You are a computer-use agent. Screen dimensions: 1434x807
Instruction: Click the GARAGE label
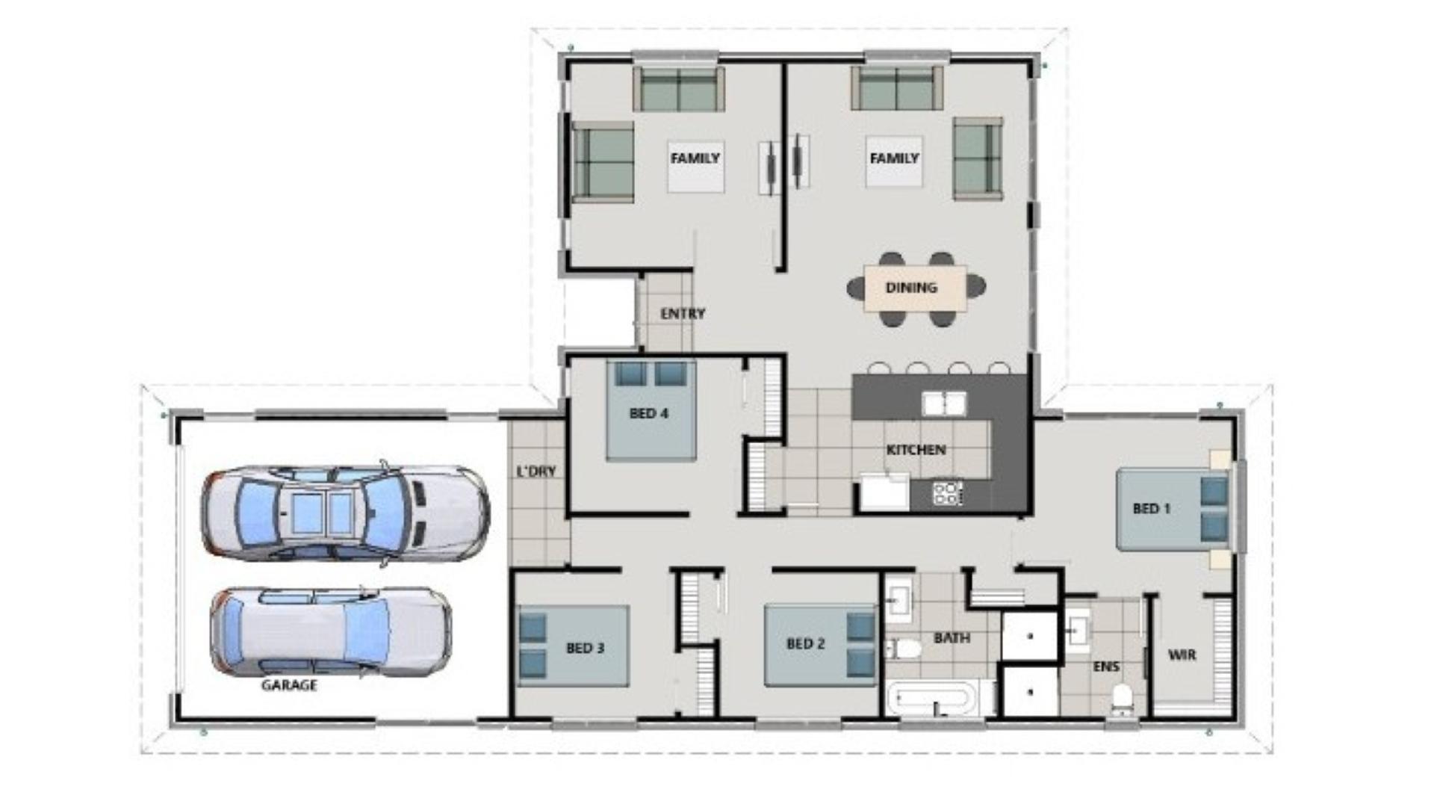point(289,685)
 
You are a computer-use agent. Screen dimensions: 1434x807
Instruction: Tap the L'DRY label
point(536,471)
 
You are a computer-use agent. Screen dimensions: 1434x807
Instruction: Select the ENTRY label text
point(683,314)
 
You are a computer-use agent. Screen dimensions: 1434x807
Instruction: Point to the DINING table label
point(911,288)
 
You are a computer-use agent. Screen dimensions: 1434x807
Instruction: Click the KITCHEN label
point(916,450)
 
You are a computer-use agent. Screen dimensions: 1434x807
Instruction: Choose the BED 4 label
point(648,413)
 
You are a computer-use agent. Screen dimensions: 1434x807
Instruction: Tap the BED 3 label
point(585,648)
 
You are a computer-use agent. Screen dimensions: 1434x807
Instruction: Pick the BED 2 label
point(805,643)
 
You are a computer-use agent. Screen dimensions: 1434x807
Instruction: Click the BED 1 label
point(1151,509)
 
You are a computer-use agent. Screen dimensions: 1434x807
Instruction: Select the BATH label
point(952,638)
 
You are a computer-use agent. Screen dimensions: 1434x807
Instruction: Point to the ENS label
point(1105,667)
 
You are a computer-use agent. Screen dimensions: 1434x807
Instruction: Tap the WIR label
point(1182,655)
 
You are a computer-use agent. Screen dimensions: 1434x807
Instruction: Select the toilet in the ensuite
point(1122,700)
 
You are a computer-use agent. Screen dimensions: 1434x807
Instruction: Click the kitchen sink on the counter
point(944,403)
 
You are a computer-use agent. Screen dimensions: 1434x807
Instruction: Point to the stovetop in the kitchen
point(947,492)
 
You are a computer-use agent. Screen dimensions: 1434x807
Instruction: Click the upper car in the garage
point(346,513)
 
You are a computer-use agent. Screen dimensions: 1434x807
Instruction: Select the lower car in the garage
point(331,631)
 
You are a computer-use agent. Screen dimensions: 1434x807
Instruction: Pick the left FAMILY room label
point(695,158)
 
